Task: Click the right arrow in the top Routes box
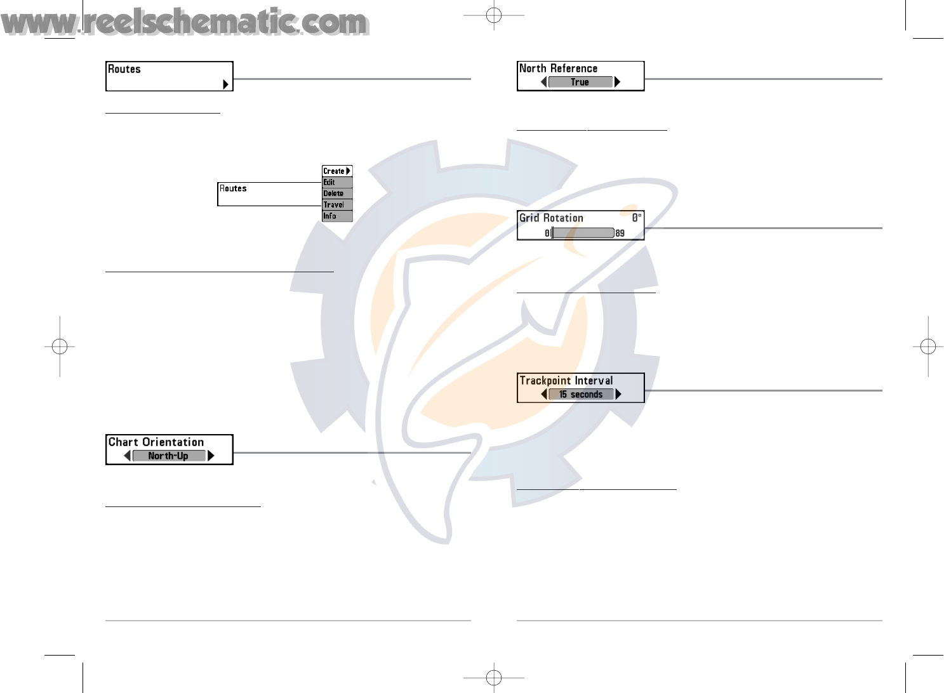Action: [x=225, y=84]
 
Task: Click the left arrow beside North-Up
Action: [x=128, y=456]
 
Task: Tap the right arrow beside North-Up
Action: [x=211, y=456]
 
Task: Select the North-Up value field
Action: [x=168, y=456]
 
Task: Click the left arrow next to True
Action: [x=543, y=82]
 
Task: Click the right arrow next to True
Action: [x=617, y=82]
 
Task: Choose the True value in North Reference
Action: [x=580, y=82]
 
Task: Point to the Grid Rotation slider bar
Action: [x=583, y=233]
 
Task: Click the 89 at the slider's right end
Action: [x=620, y=233]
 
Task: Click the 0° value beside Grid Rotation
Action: [x=637, y=218]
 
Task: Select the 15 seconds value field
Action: [x=581, y=394]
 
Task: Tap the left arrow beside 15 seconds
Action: [x=544, y=394]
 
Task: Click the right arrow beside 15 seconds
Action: [x=618, y=394]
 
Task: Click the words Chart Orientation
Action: [x=156, y=442]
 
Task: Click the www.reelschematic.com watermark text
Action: [x=184, y=22]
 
